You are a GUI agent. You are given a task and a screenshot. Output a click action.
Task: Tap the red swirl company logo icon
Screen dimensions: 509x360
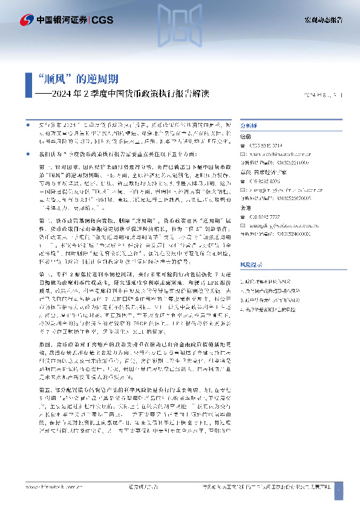[27, 20]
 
